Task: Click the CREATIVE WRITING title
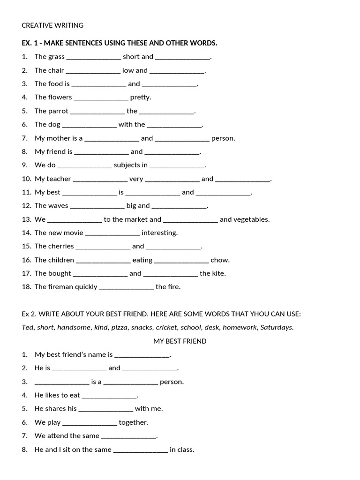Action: pos(52,25)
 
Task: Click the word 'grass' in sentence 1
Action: pos(56,57)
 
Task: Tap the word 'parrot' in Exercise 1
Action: pos(58,111)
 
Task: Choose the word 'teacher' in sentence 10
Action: pos(59,179)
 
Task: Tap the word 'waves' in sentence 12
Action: pos(58,206)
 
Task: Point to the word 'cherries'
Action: pos(60,246)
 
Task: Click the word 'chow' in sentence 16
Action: pos(220,260)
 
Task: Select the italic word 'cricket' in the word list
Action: pos(166,327)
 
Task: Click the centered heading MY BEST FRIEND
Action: pos(180,341)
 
